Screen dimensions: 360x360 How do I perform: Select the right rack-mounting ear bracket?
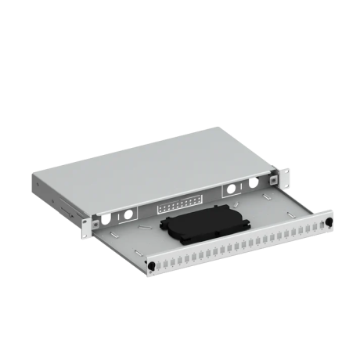(x=273, y=180)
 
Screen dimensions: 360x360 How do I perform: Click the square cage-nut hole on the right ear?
(x=273, y=179)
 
